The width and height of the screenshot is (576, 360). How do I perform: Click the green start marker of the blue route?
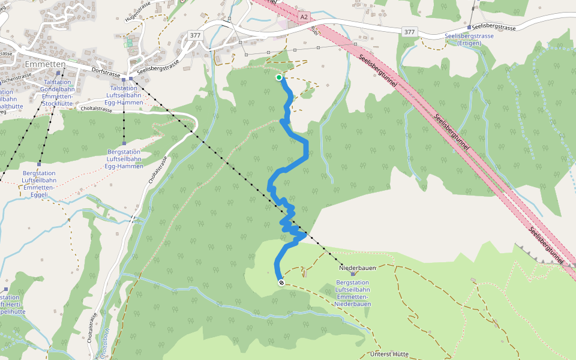click(279, 77)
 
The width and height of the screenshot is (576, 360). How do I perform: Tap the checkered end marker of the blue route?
click(281, 282)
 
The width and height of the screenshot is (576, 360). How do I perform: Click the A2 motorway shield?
click(304, 17)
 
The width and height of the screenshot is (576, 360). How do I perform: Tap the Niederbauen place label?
click(357, 268)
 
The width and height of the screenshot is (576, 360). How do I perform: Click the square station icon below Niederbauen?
click(353, 274)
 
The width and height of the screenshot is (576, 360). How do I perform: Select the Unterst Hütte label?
click(390, 354)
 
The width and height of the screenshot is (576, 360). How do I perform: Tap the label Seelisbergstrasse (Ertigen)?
click(469, 40)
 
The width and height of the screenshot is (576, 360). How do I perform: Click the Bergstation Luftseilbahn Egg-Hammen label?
click(125, 159)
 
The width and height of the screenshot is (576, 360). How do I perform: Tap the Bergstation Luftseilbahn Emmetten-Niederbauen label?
click(353, 293)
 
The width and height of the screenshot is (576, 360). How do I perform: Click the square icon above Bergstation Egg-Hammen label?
click(124, 143)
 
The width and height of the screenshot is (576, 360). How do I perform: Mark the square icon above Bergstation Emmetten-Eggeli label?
click(39, 164)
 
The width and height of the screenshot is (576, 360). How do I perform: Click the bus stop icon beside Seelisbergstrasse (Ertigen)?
click(469, 27)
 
